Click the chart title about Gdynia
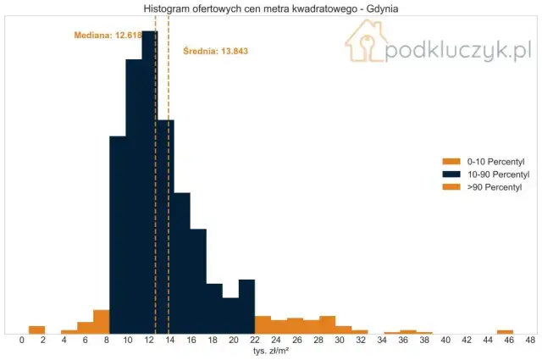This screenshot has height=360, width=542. tap(271, 8)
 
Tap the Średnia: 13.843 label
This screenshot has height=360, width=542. tap(216, 52)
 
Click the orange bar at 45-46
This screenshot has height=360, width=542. tap(505, 331)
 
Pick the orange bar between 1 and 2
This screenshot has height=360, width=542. tap(36, 330)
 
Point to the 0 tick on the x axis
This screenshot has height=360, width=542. tap(22, 341)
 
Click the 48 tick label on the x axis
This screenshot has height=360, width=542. tap(530, 341)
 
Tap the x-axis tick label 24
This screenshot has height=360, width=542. tap(276, 341)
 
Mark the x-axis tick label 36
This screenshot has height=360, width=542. tap(403, 341)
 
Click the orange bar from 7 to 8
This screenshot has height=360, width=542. tap(101, 322)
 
